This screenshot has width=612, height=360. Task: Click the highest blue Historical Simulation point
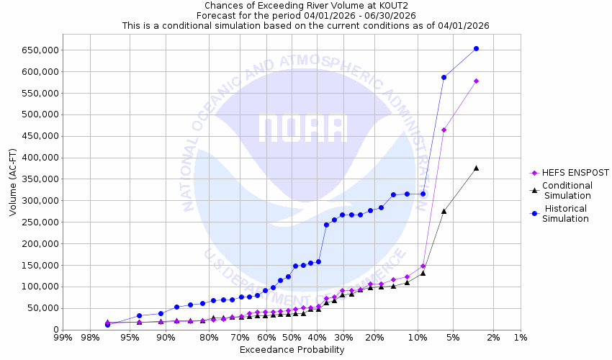476,49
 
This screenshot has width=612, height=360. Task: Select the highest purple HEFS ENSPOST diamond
476,81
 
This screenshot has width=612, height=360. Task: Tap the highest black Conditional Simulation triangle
476,168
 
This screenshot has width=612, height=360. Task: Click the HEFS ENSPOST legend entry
570,173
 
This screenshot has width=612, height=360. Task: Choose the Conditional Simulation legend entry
568,190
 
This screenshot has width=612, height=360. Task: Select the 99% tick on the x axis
63,337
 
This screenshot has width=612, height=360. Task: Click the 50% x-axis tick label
292,337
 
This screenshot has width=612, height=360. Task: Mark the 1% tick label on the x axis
521,337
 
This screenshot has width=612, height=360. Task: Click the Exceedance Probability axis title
292,350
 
